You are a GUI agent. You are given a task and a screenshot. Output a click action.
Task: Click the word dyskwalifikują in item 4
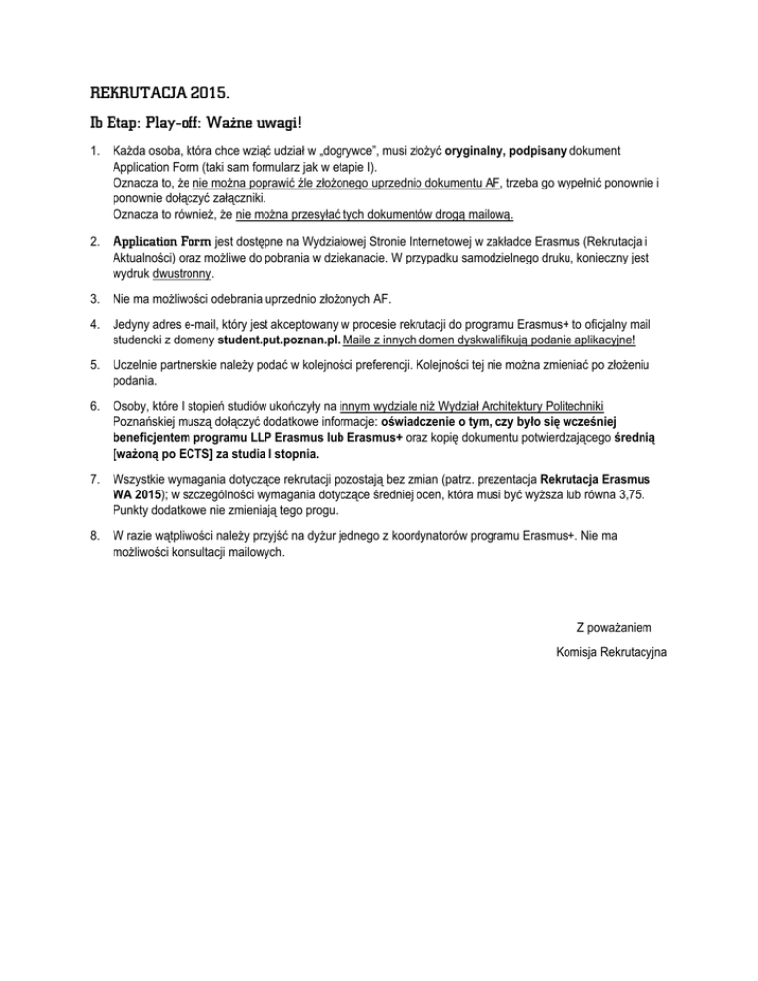click(500, 342)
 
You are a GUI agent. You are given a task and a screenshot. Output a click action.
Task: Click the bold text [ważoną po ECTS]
click(165, 455)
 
